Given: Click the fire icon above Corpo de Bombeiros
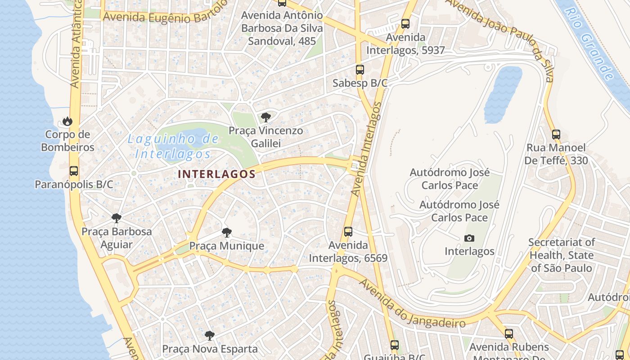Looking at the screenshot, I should pos(67,121).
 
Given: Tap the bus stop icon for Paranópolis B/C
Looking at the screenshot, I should pos(74,171).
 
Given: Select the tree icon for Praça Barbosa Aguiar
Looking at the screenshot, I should pos(117,218).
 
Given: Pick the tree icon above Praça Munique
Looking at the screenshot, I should pos(227,233).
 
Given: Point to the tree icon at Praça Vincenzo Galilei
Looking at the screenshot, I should pos(266,117).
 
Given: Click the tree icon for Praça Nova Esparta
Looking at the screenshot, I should pos(210,335).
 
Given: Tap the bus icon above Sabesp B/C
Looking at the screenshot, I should pos(360,70).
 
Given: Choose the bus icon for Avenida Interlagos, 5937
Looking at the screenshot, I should pos(405,24).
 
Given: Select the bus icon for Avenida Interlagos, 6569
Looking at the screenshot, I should pos(348,232).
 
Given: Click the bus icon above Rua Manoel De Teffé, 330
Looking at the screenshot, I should pos(556,134).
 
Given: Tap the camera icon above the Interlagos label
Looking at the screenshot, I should pos(469,238).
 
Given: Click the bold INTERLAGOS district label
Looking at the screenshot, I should pos(217,174).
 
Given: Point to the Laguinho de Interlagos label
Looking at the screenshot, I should pos(173,146).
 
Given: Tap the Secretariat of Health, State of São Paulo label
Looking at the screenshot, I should pos(562,255).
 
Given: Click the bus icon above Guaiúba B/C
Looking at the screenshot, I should pos(395,345).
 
